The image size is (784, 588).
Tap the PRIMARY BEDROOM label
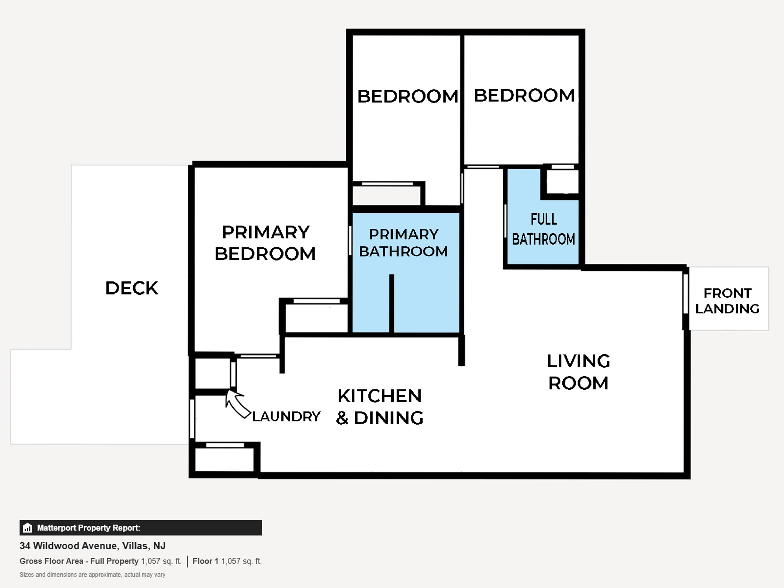[265, 243]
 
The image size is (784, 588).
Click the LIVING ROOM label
[579, 372]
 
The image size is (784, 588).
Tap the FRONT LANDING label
[727, 301]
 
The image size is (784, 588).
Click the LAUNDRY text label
[286, 416]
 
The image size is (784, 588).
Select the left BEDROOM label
[408, 96]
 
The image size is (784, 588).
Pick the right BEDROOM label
[524, 95]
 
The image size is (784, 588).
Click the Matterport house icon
[27, 528]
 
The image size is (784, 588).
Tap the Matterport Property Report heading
[89, 528]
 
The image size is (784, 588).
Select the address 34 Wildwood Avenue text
[92, 546]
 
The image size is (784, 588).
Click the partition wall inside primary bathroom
[392, 303]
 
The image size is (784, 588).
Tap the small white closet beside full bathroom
[562, 182]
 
